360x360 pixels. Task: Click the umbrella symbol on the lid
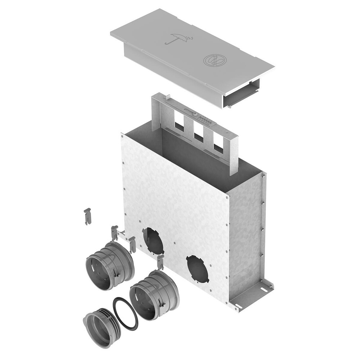[x=177, y=39]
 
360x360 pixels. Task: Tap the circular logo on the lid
[x=212, y=60]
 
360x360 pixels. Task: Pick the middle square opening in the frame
[x=198, y=135]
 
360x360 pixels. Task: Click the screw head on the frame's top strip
[x=195, y=114]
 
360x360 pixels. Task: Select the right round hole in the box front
[x=197, y=269]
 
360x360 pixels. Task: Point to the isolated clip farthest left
[x=87, y=216]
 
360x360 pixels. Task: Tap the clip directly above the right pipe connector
[x=160, y=262]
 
